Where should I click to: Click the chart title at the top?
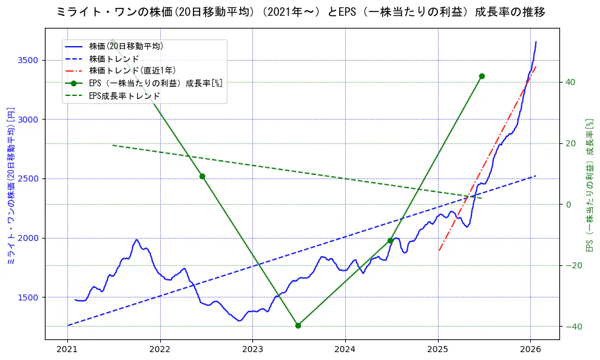[300, 12]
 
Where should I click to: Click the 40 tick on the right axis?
[571, 82]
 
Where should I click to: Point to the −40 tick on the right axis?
[573, 327]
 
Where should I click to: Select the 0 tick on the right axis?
[568, 205]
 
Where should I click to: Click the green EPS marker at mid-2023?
[298, 325]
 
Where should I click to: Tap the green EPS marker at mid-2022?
[202, 176]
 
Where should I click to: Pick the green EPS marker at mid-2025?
[482, 76]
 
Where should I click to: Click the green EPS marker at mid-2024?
[390, 241]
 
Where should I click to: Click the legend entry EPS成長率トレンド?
[124, 95]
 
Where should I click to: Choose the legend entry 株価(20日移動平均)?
[126, 46]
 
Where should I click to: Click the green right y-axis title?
[588, 185]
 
